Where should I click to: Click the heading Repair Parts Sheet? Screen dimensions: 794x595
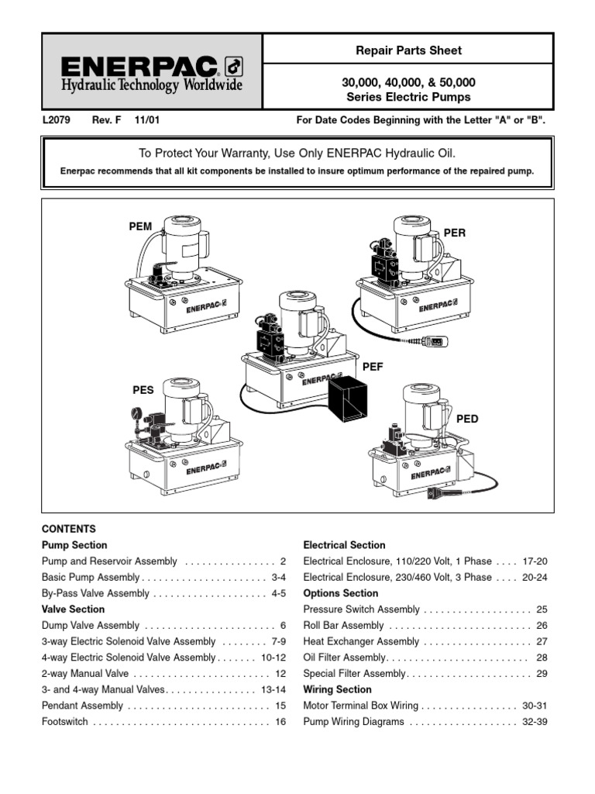[408, 50]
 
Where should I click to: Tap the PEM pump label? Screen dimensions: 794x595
[140, 226]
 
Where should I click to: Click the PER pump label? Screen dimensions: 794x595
[455, 233]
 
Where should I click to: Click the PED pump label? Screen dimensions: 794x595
[467, 419]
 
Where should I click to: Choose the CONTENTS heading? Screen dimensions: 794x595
[68, 529]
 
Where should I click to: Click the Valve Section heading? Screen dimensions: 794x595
[73, 609]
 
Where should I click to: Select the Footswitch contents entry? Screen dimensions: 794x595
[64, 722]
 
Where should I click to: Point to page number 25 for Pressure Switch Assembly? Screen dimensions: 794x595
[542, 609]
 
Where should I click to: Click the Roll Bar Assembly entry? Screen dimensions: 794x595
[343, 626]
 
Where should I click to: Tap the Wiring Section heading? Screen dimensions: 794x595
[337, 689]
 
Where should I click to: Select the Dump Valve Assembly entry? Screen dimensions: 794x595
[90, 626]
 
